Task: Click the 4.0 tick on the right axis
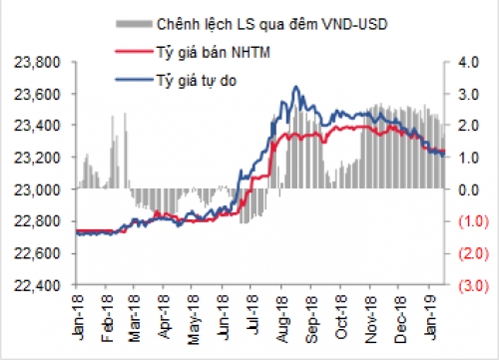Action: point(468,62)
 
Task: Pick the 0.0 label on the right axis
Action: point(468,189)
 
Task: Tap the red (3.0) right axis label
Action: point(470,285)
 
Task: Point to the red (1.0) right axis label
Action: point(470,221)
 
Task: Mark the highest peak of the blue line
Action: point(294,88)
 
